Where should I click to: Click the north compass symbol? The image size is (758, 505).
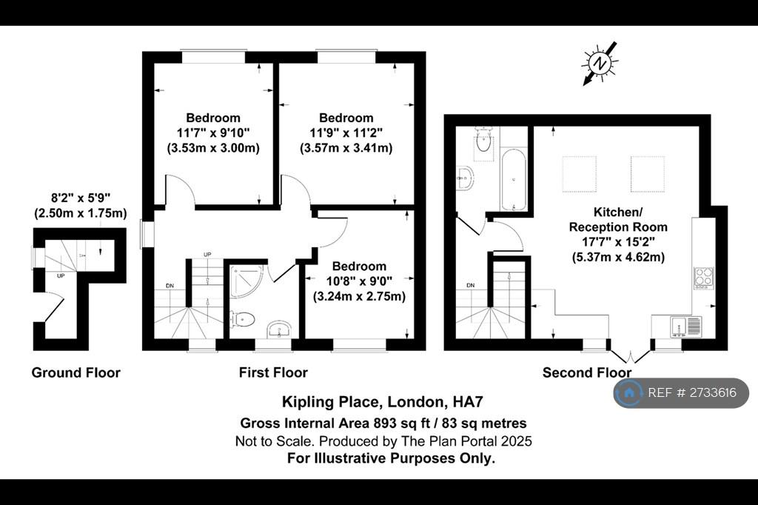(600, 64)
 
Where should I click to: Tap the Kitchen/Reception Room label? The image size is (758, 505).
(618, 220)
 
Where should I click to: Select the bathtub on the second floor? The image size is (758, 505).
(513, 180)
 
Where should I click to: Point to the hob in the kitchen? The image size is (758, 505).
(703, 278)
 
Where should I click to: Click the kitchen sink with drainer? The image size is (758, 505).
(686, 327)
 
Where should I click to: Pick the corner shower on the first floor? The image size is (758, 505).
(246, 281)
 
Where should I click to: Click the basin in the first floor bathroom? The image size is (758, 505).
(278, 330)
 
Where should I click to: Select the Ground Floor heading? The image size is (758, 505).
(76, 372)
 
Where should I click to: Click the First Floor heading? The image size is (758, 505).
(273, 372)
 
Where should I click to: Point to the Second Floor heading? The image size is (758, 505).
(587, 372)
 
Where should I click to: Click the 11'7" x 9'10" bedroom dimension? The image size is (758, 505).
(213, 133)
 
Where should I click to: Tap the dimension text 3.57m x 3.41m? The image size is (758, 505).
(346, 147)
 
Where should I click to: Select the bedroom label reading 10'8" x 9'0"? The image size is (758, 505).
(359, 281)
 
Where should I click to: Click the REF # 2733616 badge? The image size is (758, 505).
(681, 392)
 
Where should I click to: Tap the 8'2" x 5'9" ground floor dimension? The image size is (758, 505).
(81, 198)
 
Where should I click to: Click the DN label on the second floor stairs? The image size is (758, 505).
(471, 285)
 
